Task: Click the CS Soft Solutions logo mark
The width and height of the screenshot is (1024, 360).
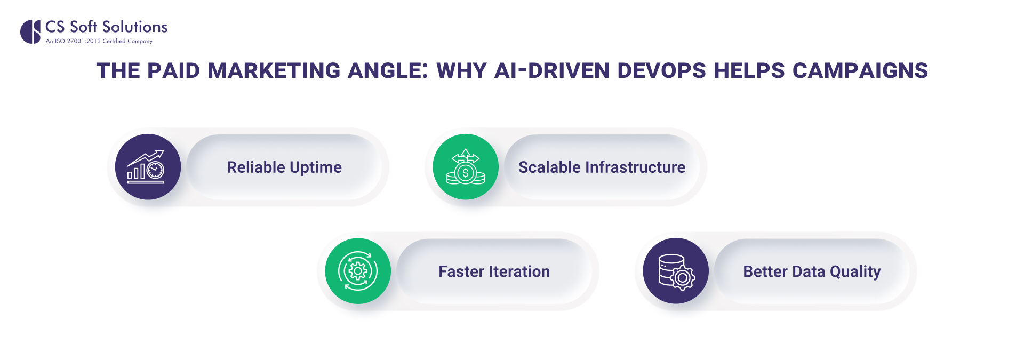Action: (30, 31)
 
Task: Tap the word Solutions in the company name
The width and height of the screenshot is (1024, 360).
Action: (135, 27)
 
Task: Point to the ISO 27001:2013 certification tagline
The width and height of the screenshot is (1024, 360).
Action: (99, 41)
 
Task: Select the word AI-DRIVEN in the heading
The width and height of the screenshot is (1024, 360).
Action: (551, 71)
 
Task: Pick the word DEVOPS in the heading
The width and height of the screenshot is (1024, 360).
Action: (661, 71)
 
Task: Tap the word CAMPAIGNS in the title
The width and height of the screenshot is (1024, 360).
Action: (860, 71)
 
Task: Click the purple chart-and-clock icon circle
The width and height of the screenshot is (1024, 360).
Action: (148, 167)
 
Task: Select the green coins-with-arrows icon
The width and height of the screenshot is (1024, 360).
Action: (466, 167)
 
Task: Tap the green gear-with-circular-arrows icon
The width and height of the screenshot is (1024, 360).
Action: (358, 271)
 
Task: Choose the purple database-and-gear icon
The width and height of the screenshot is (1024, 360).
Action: (676, 271)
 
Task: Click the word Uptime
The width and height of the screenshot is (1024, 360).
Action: (316, 167)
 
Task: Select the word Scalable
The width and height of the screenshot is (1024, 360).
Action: (549, 167)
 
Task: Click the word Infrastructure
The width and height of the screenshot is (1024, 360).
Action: (635, 167)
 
